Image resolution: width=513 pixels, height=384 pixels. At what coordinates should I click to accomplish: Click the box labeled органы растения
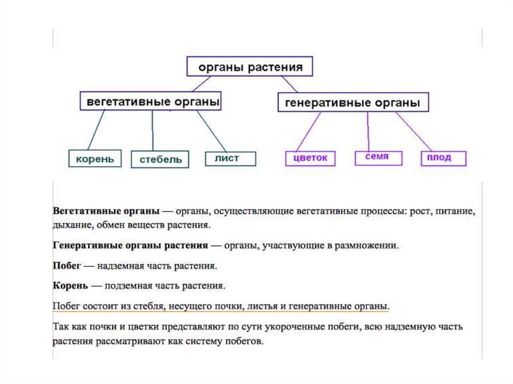[250, 67]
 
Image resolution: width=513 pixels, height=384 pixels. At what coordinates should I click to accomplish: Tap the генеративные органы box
[353, 103]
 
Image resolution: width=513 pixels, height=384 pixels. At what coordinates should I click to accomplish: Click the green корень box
[95, 159]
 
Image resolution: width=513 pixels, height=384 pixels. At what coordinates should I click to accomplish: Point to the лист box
[230, 158]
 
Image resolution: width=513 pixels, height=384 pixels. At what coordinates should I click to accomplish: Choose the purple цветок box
[311, 158]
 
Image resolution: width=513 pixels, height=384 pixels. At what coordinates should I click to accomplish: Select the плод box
[443, 158]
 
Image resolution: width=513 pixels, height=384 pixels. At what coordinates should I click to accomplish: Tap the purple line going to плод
[414, 131]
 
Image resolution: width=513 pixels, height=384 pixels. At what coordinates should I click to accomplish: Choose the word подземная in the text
[125, 286]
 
